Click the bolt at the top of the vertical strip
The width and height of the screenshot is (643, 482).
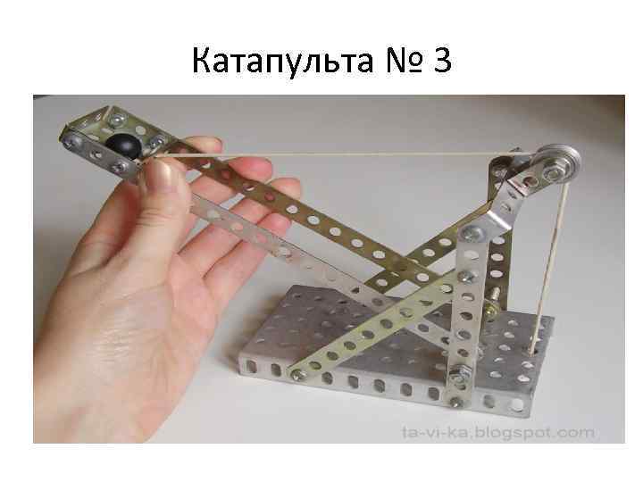coord(472,234)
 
